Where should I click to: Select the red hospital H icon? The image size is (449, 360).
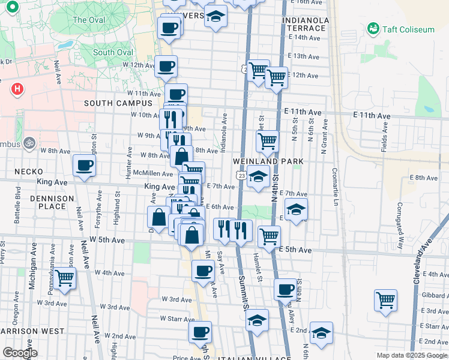click(17, 90)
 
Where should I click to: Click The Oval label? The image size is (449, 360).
click(88, 20)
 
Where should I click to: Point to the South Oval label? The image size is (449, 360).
click(113, 52)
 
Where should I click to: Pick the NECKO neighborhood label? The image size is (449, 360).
click(28, 172)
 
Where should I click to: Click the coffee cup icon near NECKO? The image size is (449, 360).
click(84, 166)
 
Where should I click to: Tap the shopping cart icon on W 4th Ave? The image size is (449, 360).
click(65, 278)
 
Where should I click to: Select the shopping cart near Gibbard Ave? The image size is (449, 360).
click(385, 299)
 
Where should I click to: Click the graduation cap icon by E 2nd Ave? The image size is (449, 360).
click(322, 334)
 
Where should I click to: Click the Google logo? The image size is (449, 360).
click(20, 353)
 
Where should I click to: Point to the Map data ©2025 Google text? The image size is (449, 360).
click(411, 355)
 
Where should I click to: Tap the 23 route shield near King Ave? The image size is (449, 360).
click(241, 175)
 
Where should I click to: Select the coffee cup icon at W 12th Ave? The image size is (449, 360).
click(166, 66)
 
